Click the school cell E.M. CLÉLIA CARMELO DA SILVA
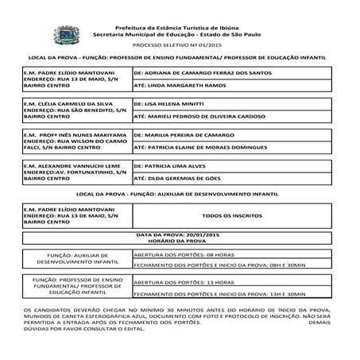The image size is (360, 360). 77,110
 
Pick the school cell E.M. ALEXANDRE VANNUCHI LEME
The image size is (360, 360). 77,173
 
